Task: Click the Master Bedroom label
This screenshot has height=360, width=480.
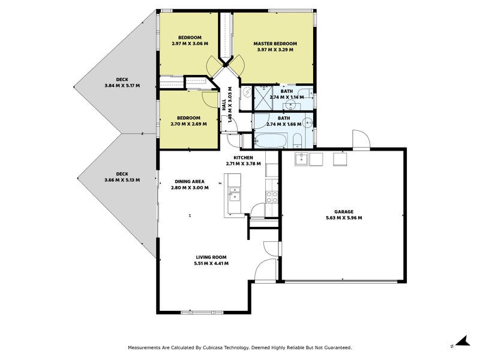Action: click(x=275, y=44)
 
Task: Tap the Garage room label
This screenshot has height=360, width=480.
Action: click(x=344, y=212)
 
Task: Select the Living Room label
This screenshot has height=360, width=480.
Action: click(x=211, y=257)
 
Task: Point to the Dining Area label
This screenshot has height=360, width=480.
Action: click(x=190, y=182)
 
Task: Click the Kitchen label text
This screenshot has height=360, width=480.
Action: click(x=243, y=158)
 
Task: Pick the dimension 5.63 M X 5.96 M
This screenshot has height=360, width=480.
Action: click(x=344, y=218)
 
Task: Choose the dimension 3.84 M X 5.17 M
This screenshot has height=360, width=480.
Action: click(x=122, y=86)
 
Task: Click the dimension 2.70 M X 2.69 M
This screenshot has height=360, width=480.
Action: click(x=188, y=124)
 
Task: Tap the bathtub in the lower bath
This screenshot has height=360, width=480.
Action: click(x=271, y=141)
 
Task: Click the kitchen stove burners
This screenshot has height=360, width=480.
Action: click(x=272, y=197)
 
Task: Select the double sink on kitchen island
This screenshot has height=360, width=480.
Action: click(x=235, y=194)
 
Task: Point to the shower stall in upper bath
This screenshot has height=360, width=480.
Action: click(x=263, y=98)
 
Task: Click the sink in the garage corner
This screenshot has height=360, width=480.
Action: click(x=302, y=159)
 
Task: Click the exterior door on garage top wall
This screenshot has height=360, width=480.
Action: click(x=361, y=140)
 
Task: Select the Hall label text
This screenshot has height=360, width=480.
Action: click(x=224, y=105)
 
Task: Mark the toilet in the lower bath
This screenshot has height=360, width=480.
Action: click(x=297, y=141)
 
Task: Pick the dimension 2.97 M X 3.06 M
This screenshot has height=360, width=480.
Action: click(x=190, y=44)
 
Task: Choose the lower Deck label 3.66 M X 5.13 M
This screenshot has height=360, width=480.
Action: click(x=122, y=177)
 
